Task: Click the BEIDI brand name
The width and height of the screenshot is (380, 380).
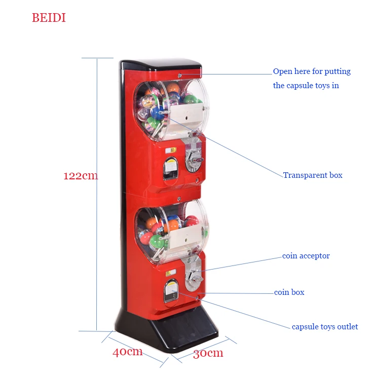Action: pyautogui.click(x=49, y=18)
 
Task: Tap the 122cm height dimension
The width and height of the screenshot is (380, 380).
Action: pyautogui.click(x=81, y=176)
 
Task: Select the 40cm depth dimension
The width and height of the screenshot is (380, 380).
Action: pyautogui.click(x=127, y=352)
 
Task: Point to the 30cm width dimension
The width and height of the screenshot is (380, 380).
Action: pyautogui.click(x=208, y=353)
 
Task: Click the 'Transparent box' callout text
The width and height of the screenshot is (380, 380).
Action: pyautogui.click(x=313, y=175)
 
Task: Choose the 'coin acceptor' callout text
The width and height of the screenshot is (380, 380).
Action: pyautogui.click(x=306, y=256)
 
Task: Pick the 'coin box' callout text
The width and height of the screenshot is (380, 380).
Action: pyautogui.click(x=289, y=292)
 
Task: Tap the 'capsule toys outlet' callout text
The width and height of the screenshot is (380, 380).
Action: pyautogui.click(x=325, y=327)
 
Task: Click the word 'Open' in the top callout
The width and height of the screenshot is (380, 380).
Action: pyautogui.click(x=282, y=71)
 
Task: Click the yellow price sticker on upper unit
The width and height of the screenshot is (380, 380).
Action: pyautogui.click(x=172, y=150)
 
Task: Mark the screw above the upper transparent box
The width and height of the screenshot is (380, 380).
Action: pyautogui.click(x=179, y=76)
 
